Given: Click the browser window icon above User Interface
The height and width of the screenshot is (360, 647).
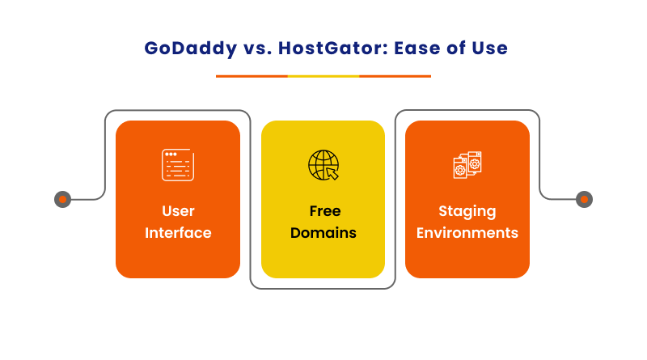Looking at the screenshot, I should (177, 164).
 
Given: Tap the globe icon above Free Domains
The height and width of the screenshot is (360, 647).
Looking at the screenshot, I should (323, 164).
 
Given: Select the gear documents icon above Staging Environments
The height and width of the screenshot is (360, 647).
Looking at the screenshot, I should (467, 164).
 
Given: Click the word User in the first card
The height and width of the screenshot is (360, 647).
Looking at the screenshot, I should (178, 211).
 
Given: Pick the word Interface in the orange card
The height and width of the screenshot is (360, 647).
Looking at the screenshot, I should (178, 233).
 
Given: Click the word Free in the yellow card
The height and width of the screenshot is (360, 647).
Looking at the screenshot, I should (323, 211).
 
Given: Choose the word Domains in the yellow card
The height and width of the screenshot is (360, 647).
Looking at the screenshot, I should (323, 233).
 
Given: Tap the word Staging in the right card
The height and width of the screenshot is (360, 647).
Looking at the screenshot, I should (467, 211).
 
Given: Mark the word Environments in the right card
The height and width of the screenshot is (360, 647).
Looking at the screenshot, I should (467, 233).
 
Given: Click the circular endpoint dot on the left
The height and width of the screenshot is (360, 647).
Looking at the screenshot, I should (62, 199).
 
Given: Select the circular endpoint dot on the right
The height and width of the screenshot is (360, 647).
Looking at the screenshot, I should (584, 199).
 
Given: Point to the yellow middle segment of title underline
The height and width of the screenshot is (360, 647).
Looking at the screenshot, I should (323, 76).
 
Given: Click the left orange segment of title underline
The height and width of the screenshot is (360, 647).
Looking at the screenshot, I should (252, 76).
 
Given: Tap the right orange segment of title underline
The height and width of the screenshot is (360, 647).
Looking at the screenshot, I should (395, 76).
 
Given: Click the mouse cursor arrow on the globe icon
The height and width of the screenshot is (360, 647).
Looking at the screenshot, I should (332, 173).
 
